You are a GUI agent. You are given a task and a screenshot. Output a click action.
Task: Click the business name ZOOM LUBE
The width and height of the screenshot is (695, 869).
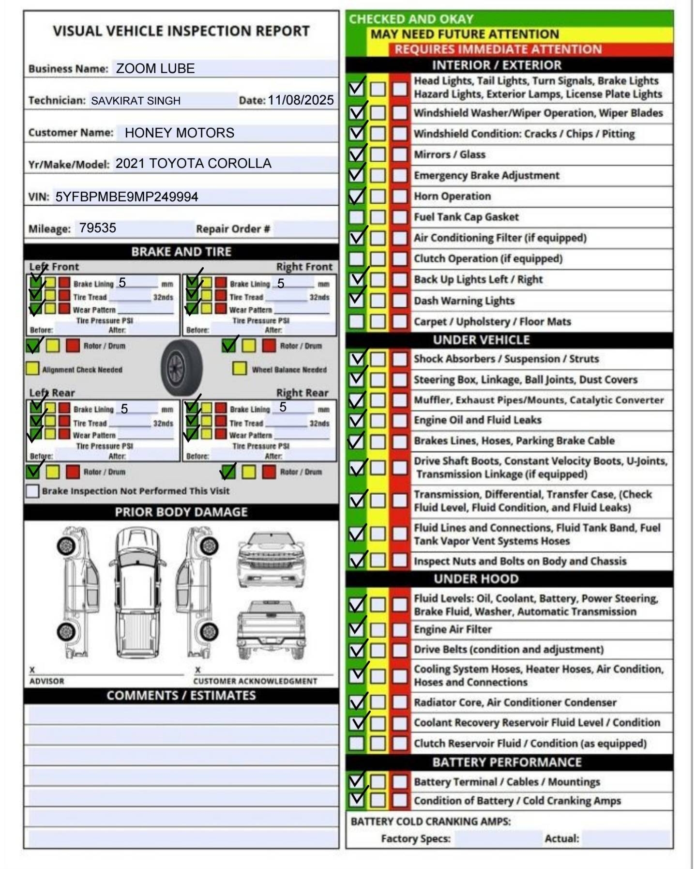coord(155,69)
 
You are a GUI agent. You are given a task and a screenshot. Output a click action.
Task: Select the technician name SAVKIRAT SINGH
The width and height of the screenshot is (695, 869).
coord(136,101)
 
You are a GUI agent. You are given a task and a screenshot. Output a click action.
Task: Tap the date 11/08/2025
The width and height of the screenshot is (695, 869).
coord(301,100)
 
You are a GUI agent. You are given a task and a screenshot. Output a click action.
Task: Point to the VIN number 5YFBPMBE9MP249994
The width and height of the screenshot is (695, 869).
coord(127,197)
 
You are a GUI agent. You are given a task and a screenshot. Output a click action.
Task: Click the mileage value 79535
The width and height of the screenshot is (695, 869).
coord(98,228)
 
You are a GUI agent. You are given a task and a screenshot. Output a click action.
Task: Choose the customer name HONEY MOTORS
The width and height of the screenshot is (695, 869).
coord(179,133)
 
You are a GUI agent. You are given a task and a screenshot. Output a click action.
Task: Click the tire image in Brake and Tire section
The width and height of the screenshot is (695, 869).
coord(181,367)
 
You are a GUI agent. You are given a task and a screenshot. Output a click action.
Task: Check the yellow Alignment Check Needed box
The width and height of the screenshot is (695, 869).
coord(32,368)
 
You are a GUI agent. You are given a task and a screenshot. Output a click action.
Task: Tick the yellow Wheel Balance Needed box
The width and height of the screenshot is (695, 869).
coord(239,368)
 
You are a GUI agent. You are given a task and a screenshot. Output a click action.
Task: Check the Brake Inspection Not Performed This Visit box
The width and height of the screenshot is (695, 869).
coord(32,491)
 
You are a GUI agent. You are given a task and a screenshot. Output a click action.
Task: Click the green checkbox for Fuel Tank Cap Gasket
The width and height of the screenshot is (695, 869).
coord(356,217)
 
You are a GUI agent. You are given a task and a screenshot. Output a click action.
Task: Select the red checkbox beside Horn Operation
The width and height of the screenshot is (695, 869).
coord(400,196)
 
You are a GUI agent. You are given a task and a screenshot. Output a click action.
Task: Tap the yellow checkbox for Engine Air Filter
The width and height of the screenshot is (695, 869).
coord(378,629)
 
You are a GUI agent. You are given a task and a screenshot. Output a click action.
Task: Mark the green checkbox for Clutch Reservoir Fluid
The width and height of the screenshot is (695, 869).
coord(356,743)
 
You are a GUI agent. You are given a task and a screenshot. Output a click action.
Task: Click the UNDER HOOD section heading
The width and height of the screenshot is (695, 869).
coord(476,579)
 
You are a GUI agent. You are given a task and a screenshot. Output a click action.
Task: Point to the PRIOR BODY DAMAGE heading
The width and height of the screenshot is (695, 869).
coord(181,512)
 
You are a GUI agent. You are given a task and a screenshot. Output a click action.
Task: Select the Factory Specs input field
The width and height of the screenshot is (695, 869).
coord(498,839)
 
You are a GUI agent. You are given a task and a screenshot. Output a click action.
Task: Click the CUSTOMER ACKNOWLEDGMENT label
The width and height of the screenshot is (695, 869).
coord(255,681)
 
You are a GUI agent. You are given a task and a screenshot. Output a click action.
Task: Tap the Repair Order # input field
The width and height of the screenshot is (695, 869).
coord(305,229)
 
